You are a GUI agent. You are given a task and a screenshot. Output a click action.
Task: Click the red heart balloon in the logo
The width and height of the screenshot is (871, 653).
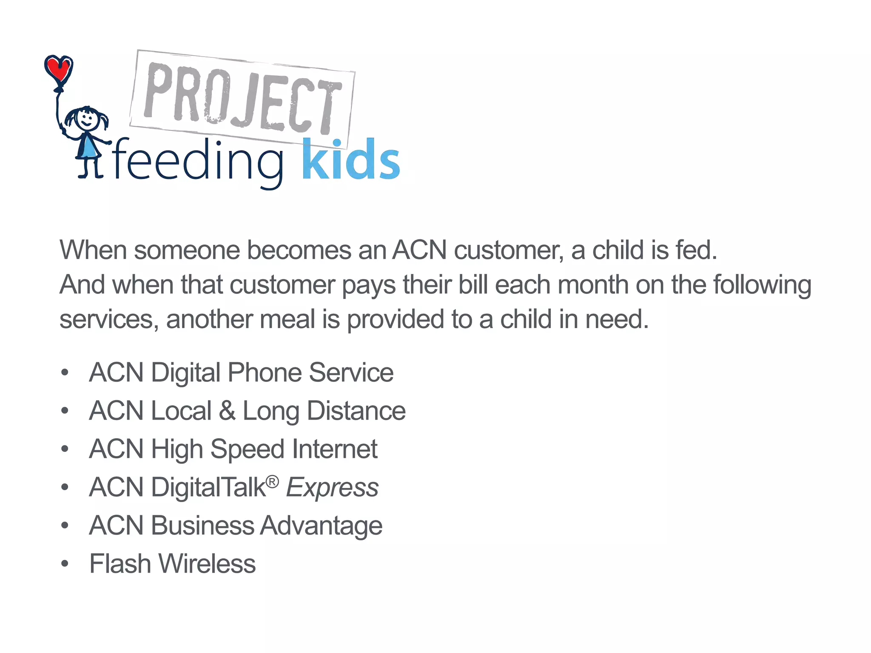(x=59, y=69)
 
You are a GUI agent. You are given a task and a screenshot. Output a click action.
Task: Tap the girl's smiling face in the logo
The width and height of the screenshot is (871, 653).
(x=87, y=119)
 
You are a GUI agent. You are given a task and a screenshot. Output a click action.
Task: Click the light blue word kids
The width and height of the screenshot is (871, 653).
(x=351, y=160)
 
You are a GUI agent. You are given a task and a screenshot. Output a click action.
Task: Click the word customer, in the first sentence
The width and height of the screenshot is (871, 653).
(x=509, y=250)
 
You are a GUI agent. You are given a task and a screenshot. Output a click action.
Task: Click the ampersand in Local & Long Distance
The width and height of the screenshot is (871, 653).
(x=228, y=411)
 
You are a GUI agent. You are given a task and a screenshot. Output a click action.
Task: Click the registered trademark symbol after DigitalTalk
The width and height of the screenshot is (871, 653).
(x=272, y=482)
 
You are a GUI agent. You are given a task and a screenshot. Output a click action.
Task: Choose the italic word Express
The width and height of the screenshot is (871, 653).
(x=332, y=488)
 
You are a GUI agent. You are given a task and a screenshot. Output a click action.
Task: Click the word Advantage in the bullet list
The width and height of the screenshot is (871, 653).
(x=321, y=526)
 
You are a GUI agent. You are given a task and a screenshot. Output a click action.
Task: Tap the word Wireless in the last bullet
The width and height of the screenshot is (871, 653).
(x=207, y=564)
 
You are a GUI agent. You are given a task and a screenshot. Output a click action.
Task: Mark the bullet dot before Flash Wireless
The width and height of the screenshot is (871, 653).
(x=65, y=564)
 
